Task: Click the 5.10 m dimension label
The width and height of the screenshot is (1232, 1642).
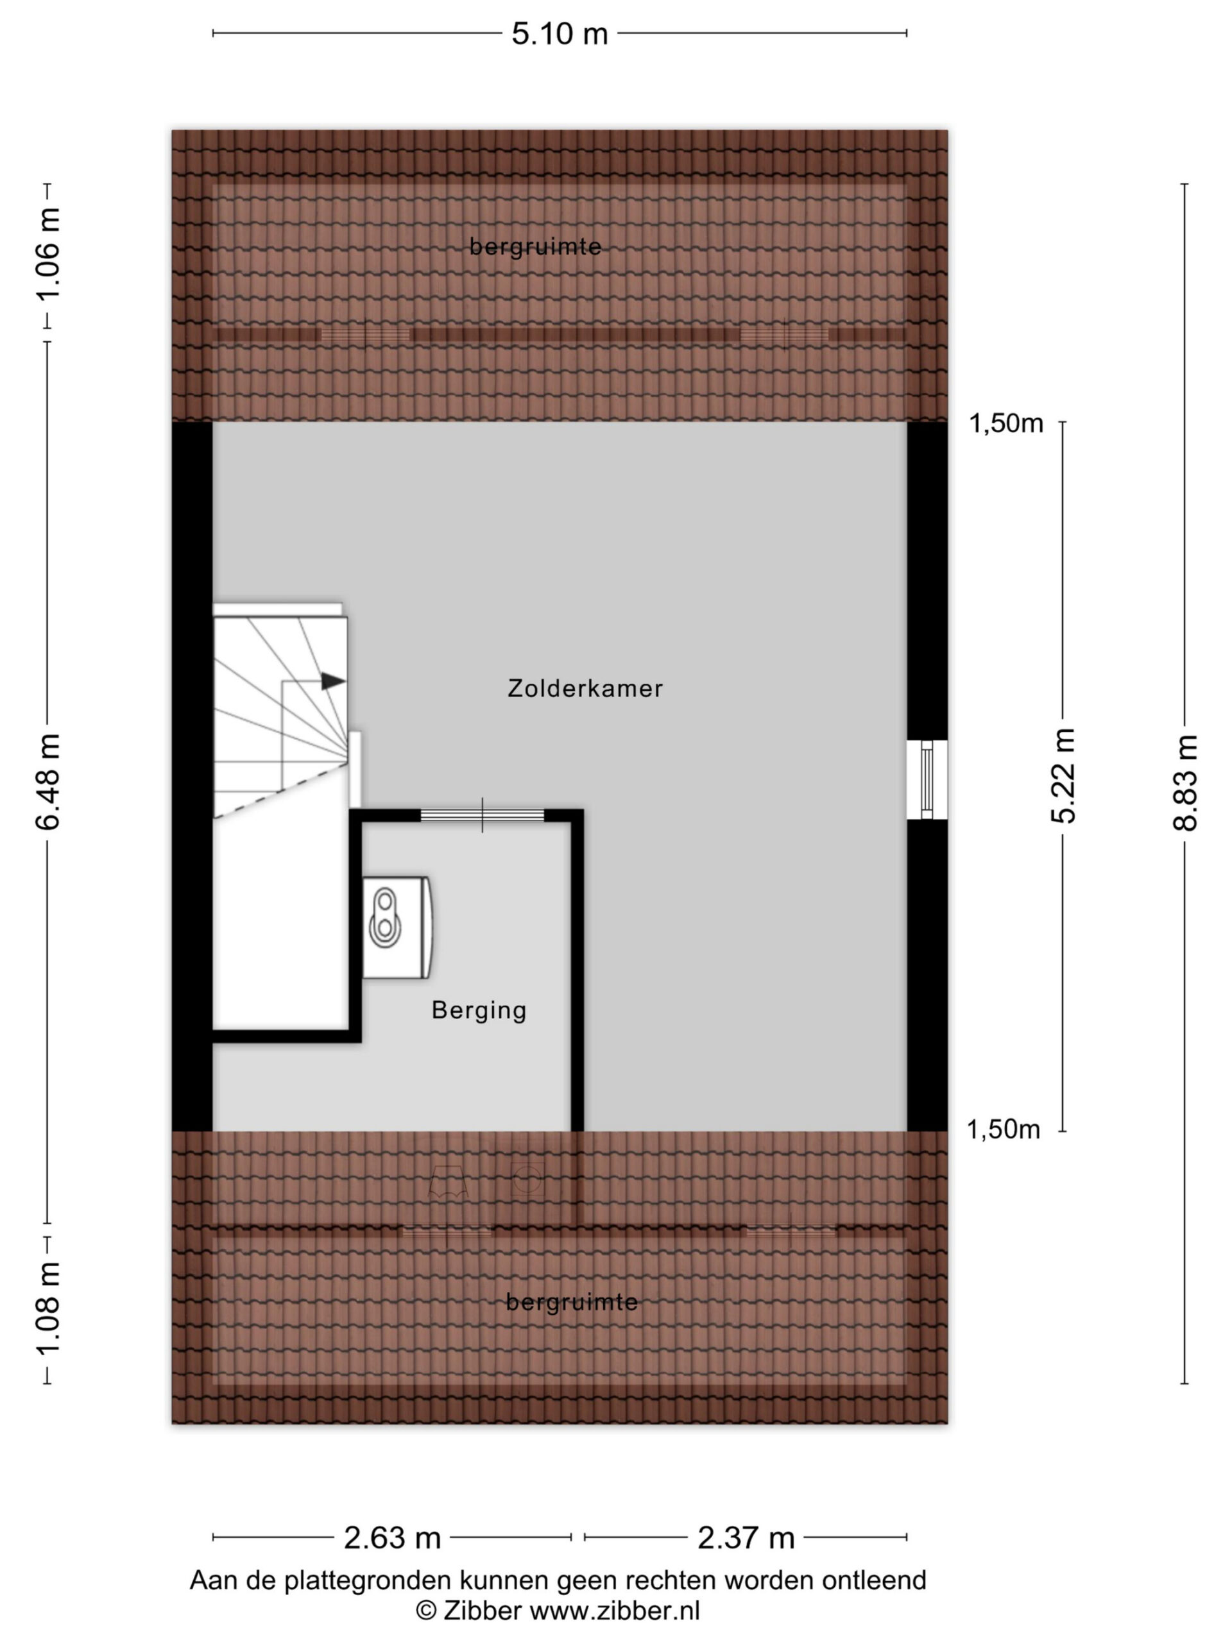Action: (x=559, y=34)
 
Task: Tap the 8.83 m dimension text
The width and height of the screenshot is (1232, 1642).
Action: (x=1185, y=783)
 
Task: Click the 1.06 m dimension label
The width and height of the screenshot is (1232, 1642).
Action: (x=47, y=255)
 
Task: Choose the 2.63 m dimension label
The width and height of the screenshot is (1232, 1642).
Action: (x=392, y=1538)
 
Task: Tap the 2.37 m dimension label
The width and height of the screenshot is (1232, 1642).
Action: (x=746, y=1538)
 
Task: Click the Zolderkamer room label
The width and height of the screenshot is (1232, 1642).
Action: (x=585, y=688)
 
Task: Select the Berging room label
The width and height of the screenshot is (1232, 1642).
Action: (x=479, y=1010)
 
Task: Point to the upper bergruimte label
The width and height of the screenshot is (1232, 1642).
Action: (x=535, y=246)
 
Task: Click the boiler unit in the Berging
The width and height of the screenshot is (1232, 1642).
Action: (x=397, y=928)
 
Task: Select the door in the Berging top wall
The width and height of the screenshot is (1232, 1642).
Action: (x=483, y=815)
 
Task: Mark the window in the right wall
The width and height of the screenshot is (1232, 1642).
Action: (x=927, y=779)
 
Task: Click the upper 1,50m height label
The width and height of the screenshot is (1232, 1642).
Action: (x=1006, y=423)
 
